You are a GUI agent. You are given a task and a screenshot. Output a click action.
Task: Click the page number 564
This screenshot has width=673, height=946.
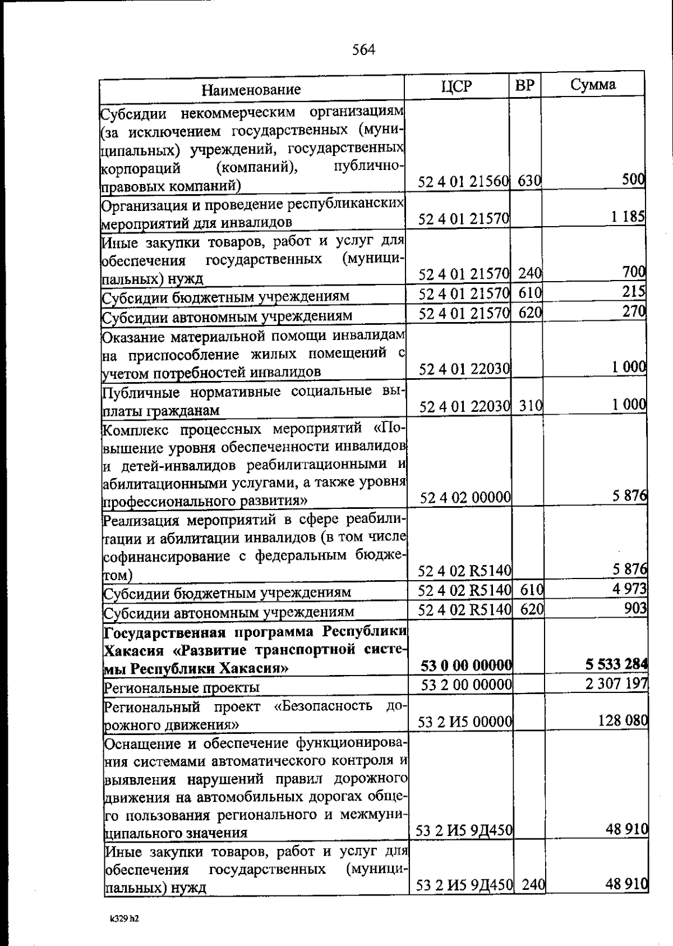[363, 50]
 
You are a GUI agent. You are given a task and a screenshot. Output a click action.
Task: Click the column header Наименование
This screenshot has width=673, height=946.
[251, 90]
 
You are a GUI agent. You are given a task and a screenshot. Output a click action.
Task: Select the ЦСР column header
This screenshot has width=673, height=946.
[456, 86]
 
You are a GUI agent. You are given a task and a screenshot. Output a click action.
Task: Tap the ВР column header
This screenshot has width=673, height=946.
[524, 85]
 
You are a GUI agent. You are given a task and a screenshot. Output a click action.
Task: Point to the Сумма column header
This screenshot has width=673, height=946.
[593, 85]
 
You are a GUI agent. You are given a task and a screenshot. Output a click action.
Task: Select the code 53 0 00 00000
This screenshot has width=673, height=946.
[466, 665]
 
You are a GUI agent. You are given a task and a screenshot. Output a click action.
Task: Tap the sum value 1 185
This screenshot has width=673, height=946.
[628, 217]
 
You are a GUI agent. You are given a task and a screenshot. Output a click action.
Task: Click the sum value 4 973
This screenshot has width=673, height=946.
[629, 589]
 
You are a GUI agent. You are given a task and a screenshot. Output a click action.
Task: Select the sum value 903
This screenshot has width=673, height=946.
[636, 608]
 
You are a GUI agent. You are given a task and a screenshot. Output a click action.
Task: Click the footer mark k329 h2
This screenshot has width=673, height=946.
[124, 919]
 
